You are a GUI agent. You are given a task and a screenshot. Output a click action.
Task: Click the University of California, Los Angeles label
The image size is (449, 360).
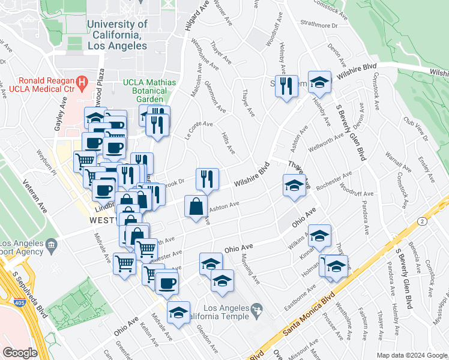(x=117, y=35)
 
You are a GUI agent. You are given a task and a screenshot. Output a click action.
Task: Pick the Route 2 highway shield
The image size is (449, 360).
(x=423, y=222)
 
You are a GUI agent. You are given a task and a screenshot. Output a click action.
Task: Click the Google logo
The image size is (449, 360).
(x=20, y=353)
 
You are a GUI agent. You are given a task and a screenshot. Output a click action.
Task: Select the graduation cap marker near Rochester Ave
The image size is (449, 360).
(x=294, y=185)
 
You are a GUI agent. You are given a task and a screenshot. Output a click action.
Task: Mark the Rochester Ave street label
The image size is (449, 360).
(x=334, y=181)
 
